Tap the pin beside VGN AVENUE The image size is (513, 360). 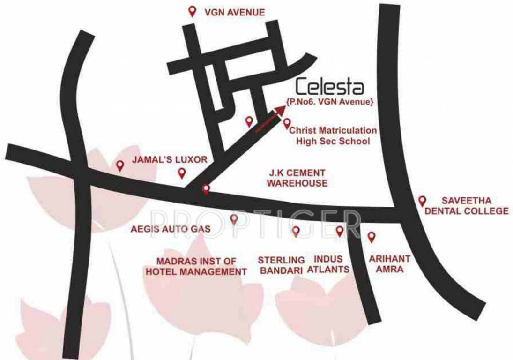pyautogui.click(x=192, y=11)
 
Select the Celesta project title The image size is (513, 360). pyautogui.click(x=330, y=88)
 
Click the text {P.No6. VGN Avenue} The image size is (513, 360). pyautogui.click(x=330, y=102)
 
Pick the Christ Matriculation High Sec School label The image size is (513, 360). pyautogui.click(x=333, y=135)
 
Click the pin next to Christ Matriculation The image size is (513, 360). pyautogui.click(x=287, y=123)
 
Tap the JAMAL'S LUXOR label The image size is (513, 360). pyautogui.click(x=169, y=159)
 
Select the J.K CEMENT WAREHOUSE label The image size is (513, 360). pyautogui.click(x=297, y=178)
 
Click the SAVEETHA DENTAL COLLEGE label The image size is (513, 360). pyautogui.click(x=466, y=206)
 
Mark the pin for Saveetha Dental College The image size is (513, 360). pyautogui.click(x=422, y=201)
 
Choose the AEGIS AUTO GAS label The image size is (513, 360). pyautogui.click(x=171, y=229)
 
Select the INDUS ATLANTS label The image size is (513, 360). pyautogui.click(x=328, y=264)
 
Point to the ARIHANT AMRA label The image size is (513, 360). pyautogui.click(x=390, y=264)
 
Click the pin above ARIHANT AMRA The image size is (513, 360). pyautogui.click(x=372, y=237)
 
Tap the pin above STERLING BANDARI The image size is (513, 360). pyautogui.click(x=296, y=231)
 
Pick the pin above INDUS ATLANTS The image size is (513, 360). pyautogui.click(x=340, y=231)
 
